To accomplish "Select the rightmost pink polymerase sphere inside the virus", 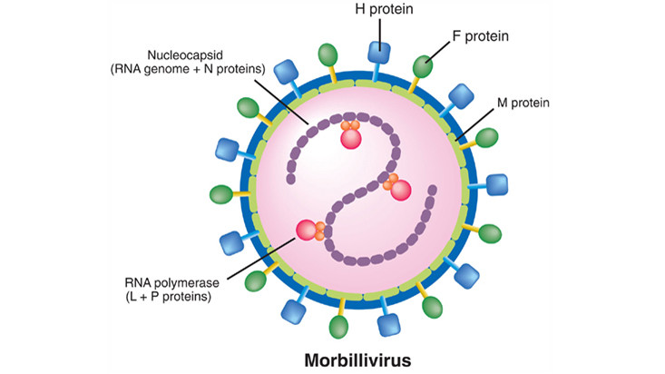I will pos(400,190).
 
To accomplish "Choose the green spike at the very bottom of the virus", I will pos(340,324).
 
